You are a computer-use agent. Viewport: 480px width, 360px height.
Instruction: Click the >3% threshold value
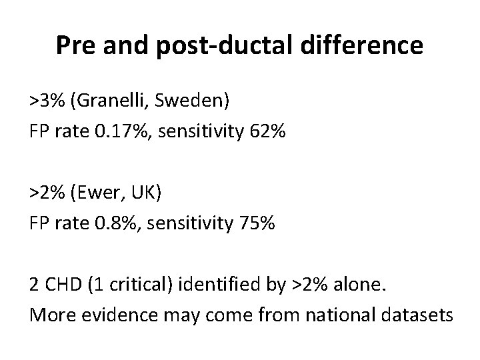[x=47, y=101]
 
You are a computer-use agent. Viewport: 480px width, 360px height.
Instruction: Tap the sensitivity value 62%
[x=267, y=132]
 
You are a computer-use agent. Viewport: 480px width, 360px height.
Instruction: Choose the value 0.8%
[x=113, y=223]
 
